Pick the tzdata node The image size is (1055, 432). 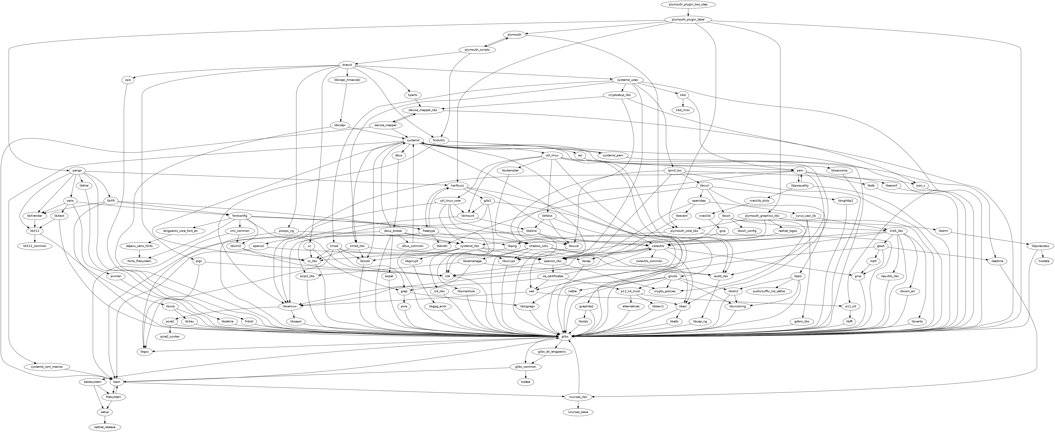525,382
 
